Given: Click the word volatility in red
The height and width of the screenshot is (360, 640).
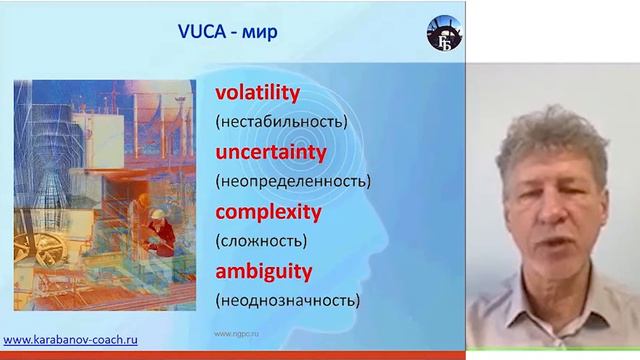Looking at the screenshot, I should [x=257, y=93].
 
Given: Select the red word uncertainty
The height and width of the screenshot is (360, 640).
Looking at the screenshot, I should [x=270, y=152].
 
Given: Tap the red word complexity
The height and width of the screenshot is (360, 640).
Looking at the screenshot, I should [x=267, y=212].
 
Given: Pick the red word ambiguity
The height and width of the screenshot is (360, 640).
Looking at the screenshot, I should [x=263, y=271].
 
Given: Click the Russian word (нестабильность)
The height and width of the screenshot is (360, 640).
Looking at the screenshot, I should [x=280, y=122].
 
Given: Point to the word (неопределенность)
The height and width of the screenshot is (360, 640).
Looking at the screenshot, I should [x=292, y=181].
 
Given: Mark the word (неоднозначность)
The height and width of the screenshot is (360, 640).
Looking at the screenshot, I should [x=288, y=300].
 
